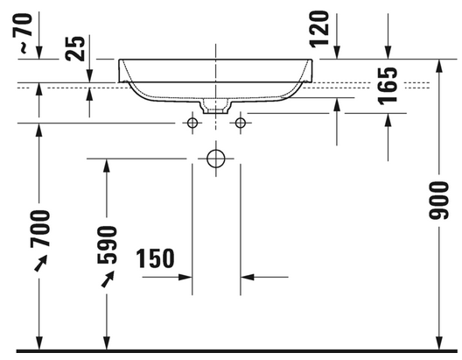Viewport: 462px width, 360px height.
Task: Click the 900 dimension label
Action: pyautogui.click(x=438, y=201)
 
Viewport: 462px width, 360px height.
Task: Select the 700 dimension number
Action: pyautogui.click(x=40, y=229)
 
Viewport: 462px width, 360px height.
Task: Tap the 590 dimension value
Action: pyautogui.click(x=107, y=244)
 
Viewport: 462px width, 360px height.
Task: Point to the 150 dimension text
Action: pyautogui.click(x=155, y=258)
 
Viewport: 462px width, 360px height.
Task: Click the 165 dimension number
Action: pyautogui.click(x=388, y=86)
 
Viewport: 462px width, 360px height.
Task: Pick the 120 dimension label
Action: pyautogui.click(x=319, y=29)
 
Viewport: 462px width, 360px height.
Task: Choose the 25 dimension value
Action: pyautogui.click(x=75, y=49)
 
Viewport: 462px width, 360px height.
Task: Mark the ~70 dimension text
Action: pyautogui.click(x=23, y=33)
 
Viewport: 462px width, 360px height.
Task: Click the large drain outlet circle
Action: pyautogui.click(x=216, y=159)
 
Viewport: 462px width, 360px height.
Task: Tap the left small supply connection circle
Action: pyautogui.click(x=192, y=123)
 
